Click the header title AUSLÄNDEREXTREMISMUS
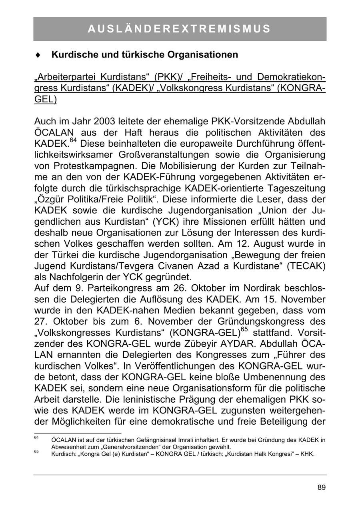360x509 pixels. [180, 29]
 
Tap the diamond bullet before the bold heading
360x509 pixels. [37, 55]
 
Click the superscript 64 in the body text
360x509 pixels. [73, 140]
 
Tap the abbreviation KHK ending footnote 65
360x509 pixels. [307, 454]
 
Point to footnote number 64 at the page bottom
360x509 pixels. [36, 438]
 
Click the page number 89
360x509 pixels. [322, 487]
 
